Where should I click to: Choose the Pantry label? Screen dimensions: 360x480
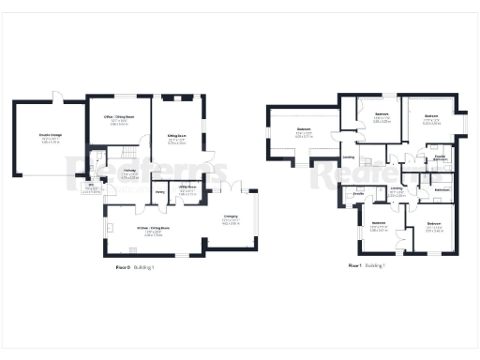click(x=159, y=191)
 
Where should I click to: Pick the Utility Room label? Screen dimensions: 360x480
click(x=187, y=187)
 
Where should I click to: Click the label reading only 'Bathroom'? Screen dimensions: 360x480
click(x=443, y=190)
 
